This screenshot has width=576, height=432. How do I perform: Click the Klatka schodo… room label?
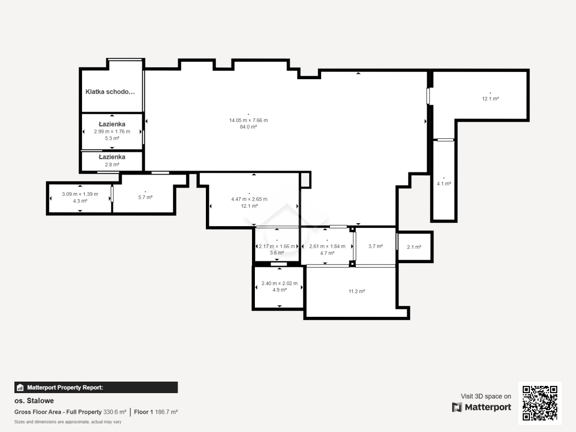pos(110,92)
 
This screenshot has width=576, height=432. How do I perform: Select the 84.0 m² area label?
pos(248,127)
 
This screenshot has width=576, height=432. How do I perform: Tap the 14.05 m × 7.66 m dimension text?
pos(248,120)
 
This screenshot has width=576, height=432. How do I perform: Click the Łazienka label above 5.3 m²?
pos(112,124)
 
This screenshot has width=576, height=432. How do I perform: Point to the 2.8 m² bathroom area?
pos(112,165)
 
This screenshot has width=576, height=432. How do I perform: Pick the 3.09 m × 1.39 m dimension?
pos(80,194)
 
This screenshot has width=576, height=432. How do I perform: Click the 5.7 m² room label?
pos(145,197)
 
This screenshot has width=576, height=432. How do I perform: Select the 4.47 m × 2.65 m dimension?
pos(249,199)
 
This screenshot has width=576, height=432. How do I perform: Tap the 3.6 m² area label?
pos(277,253)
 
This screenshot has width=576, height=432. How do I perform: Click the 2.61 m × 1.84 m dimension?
pos(327,246)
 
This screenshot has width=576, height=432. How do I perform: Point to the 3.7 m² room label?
pos(375,246)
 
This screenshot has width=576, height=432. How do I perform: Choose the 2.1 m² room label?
pos(414,247)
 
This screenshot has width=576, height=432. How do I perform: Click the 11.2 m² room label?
pos(357,291)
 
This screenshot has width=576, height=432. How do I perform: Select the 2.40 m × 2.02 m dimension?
pos(279,283)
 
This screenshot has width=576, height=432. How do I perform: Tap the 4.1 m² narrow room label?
pos(444,184)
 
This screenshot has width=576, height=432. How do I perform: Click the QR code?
pos(540,403)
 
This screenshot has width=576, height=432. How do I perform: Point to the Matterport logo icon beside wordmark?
pos(457,408)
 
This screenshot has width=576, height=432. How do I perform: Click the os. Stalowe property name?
pos(34,401)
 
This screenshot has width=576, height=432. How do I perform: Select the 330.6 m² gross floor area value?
pos(115,412)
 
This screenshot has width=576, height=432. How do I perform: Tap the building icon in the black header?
pos(20,387)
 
